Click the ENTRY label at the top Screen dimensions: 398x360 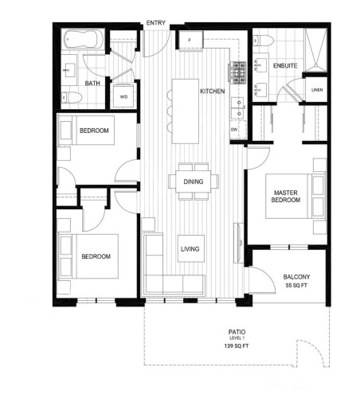[x=155, y=24]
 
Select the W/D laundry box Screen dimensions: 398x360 [x=124, y=96]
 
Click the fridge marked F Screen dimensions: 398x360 [x=191, y=41]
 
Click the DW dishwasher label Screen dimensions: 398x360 [x=234, y=129]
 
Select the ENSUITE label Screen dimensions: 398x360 [x=284, y=65]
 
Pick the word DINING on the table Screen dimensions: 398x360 [x=193, y=181]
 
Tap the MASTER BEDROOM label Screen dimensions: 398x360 [x=285, y=197]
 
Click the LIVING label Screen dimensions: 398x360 [x=190, y=249]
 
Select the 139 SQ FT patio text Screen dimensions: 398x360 [x=237, y=348]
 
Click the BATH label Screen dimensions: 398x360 [x=93, y=83]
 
